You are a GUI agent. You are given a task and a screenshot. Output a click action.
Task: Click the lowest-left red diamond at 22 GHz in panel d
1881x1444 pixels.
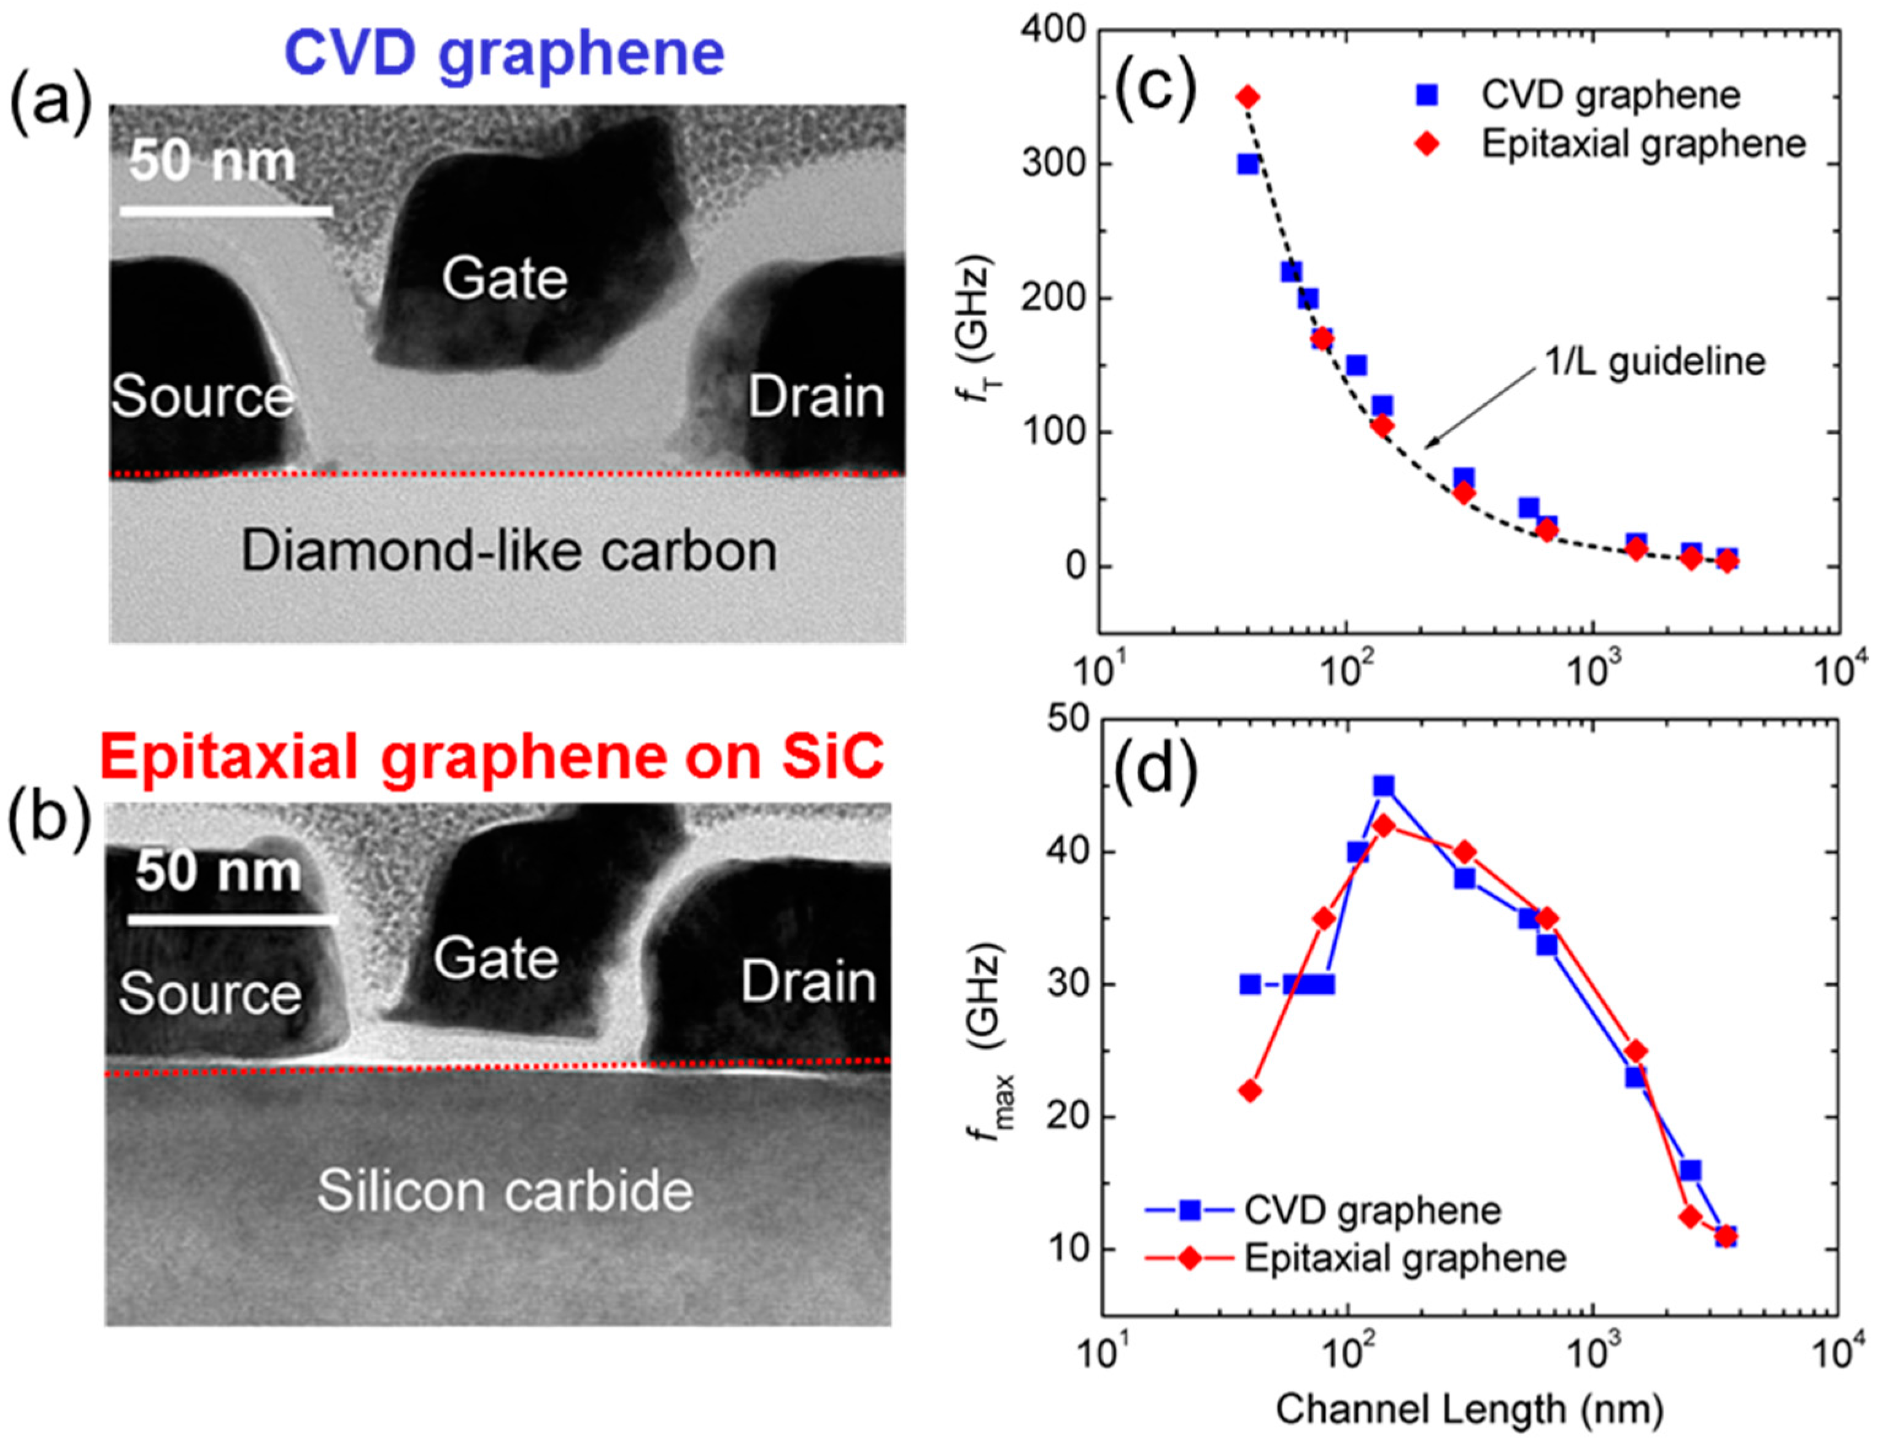pyautogui.click(x=1251, y=1091)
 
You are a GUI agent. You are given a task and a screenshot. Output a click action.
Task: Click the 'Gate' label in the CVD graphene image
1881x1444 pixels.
pyautogui.click(x=505, y=279)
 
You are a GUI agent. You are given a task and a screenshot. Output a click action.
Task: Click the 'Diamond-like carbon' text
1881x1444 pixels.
pyautogui.click(x=509, y=551)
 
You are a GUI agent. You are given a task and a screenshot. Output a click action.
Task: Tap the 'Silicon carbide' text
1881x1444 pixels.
pyautogui.click(x=505, y=1191)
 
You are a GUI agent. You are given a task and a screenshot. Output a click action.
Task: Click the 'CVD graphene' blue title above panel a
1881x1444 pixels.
pyautogui.click(x=505, y=53)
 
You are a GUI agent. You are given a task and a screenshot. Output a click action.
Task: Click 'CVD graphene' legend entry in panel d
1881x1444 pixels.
pyautogui.click(x=1372, y=1210)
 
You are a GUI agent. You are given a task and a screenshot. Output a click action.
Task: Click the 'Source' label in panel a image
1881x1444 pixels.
pyautogui.click(x=202, y=396)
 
